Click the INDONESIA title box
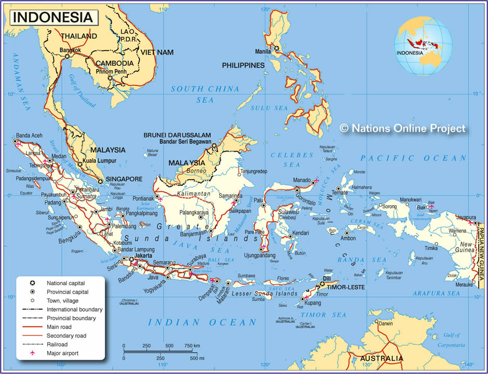coord(52,17)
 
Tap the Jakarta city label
coord(142,256)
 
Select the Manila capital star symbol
coord(277,48)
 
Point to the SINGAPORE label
coord(124,179)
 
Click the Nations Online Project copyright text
coord(403,128)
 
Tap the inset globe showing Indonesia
coord(423,46)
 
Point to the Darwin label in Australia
coord(386,323)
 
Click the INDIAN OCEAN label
coord(202,323)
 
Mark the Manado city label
coord(301,179)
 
